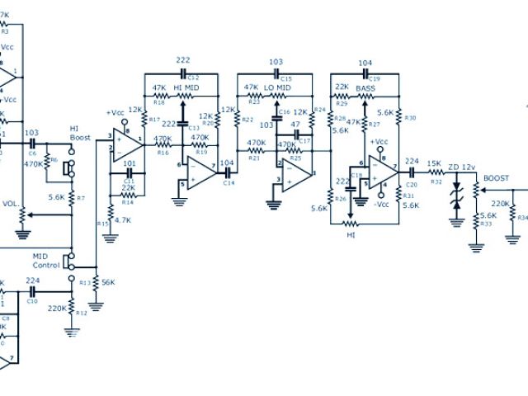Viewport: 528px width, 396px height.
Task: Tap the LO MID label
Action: (x=277, y=87)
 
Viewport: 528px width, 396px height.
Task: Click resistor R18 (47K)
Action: (x=160, y=96)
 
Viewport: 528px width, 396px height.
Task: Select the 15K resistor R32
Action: (x=434, y=174)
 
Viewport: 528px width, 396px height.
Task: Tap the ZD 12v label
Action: (x=461, y=168)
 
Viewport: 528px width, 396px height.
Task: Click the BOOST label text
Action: (x=496, y=178)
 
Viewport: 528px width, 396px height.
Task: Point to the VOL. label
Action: (x=10, y=204)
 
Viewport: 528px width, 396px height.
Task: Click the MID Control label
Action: (x=45, y=261)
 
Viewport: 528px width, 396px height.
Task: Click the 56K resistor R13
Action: (x=97, y=282)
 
